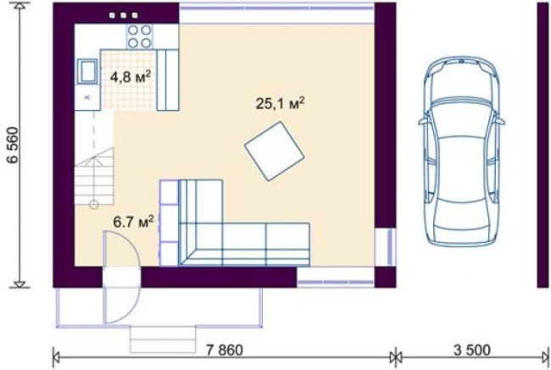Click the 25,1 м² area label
280,103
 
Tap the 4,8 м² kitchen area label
131,77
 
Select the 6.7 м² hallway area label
133,222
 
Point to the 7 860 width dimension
224,350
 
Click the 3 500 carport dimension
471,350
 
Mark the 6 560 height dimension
14,145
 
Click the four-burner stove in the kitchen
140,36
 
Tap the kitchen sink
87,72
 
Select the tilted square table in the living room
275,152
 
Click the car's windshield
461,102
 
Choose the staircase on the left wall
94,176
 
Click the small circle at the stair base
94,204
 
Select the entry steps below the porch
163,340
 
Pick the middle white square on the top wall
124,15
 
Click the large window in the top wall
276,13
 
